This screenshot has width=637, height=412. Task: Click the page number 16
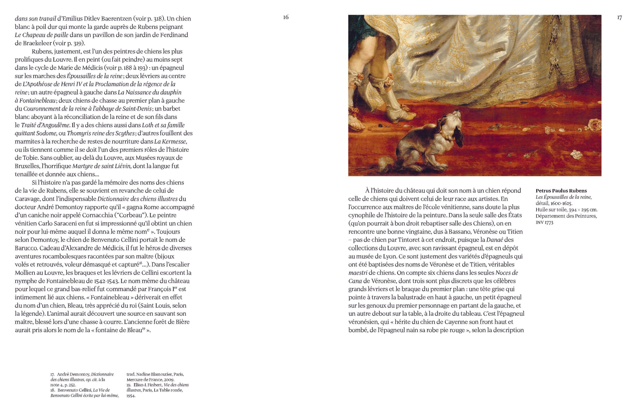pyautogui.click(x=286, y=17)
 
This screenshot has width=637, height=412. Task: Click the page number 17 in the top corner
pyautogui.click(x=619, y=18)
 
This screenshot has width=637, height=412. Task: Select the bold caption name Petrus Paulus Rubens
pyautogui.click(x=561, y=191)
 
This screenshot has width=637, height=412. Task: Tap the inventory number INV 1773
pyautogui.click(x=544, y=223)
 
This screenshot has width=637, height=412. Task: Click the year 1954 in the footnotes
pyautogui.click(x=131, y=396)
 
